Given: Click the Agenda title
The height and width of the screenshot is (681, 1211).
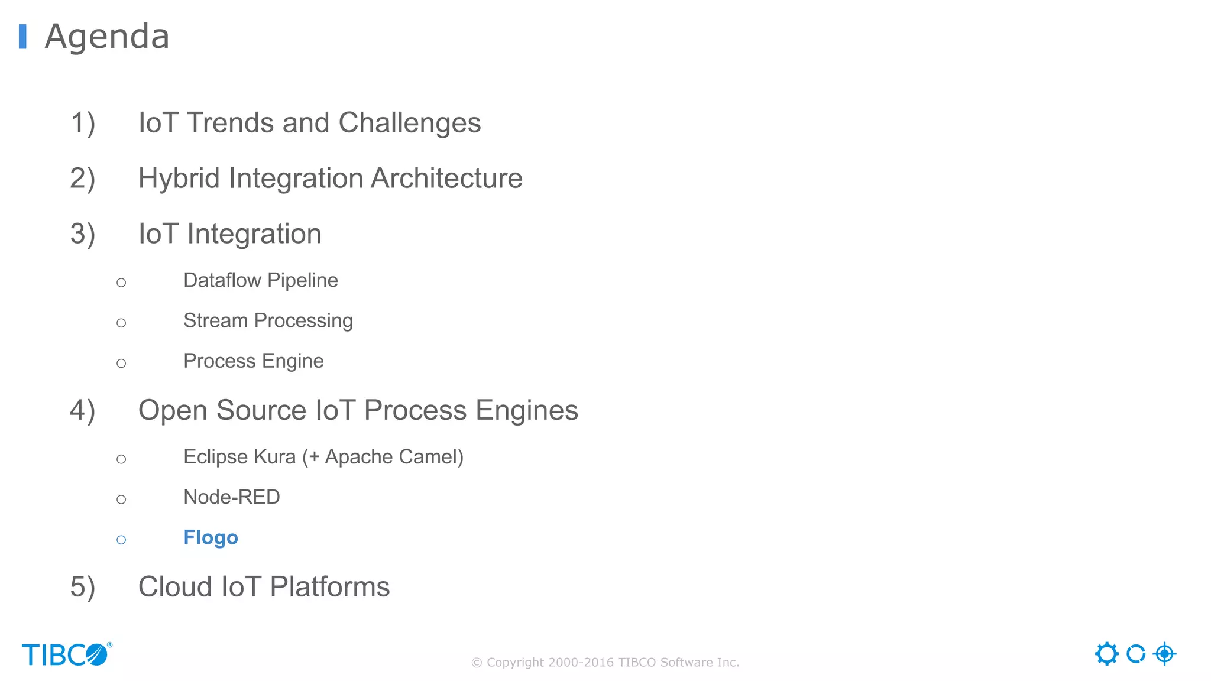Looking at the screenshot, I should coord(107,37).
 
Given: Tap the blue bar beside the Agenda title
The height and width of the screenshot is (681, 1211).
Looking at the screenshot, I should coord(22,37).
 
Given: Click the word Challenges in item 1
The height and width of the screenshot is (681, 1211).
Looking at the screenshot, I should coord(409,124).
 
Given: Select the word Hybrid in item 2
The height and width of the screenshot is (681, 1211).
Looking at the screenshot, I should coord(179,179).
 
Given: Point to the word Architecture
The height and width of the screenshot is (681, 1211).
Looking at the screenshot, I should coord(446,179).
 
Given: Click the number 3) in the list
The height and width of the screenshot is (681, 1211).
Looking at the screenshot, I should coord(83,234).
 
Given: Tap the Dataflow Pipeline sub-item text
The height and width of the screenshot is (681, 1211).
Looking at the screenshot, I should coord(260,280).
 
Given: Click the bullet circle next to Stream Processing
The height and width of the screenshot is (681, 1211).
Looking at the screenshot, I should coord(121,323).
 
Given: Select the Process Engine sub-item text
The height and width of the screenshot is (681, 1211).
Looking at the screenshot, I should coord(253,361).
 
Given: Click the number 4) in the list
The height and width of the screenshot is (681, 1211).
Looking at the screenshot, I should coord(83,411).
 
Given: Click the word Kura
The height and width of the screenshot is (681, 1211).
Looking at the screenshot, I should coord(274,457).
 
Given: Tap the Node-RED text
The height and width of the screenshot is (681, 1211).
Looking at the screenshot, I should coord(231,497).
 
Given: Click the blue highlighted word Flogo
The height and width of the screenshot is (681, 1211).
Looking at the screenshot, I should coord(211,537).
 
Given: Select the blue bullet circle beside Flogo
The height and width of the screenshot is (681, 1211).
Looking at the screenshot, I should coord(121,540).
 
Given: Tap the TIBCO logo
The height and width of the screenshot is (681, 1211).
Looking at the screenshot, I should coord(66,654).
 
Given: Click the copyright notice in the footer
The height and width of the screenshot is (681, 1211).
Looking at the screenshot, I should coord(605,663).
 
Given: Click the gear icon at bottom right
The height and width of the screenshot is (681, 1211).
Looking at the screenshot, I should coord(1106,654).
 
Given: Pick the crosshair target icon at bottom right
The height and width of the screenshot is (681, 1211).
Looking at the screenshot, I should coord(1164,654).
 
